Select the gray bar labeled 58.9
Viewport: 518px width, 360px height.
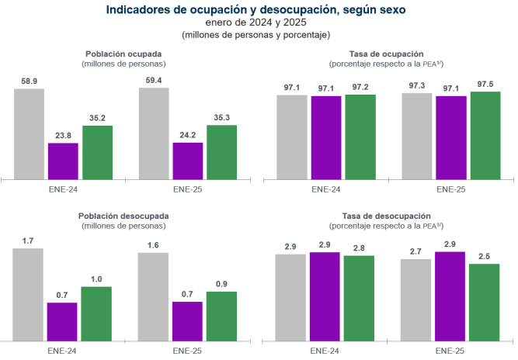point(29,133)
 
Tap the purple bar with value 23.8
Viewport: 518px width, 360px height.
point(63,160)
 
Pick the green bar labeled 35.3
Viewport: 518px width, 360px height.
point(221,151)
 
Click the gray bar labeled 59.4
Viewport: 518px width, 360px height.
point(154,132)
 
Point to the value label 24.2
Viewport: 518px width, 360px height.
point(187,134)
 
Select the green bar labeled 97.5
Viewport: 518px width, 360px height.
point(485,134)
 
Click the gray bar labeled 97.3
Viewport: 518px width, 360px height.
point(416,135)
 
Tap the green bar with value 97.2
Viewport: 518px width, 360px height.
point(360,136)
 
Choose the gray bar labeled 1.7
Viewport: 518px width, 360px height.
point(29,294)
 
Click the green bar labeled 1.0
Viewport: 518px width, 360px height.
point(96,313)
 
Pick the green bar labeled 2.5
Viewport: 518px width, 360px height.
point(484,302)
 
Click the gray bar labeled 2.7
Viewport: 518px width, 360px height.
point(415,299)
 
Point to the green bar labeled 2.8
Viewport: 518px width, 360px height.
point(360,297)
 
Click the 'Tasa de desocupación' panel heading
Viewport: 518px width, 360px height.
point(386,215)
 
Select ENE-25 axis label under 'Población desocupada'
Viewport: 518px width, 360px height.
point(187,350)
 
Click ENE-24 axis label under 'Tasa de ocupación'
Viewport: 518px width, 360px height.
point(325,189)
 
